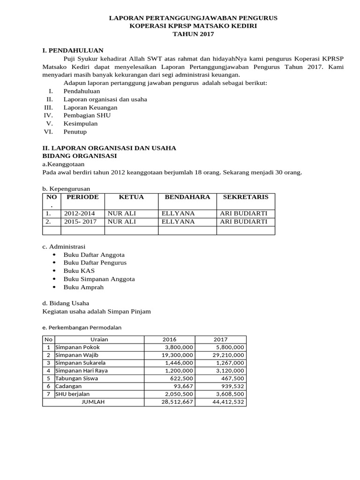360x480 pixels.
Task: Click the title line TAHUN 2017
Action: pos(193,34)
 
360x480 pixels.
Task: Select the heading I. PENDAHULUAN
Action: pos(73,50)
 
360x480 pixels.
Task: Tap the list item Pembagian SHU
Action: pos(87,115)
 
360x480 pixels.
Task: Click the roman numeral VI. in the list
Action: pos(49,132)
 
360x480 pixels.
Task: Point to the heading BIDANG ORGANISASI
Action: pos(79,156)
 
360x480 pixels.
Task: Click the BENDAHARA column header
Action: pos(187,197)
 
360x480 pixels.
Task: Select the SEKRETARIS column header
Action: pos(246,197)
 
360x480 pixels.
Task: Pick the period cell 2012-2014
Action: pos(79,213)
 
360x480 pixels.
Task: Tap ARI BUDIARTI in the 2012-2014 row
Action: pos(243,213)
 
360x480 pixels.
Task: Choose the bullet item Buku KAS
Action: pos(79,271)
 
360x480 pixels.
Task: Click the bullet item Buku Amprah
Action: pos(83,287)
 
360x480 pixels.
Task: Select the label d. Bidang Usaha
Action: pos(66,303)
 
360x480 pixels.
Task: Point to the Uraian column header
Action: pos(99,339)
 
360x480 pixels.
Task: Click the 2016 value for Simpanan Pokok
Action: pos(179,347)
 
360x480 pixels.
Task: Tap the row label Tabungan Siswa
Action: pos(77,378)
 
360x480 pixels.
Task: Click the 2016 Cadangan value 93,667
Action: pos(183,386)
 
